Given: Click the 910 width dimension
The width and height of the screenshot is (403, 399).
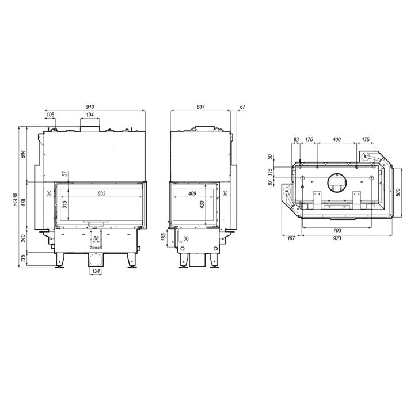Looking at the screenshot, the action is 90,107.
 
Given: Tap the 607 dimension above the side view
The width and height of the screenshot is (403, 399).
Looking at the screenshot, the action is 200,107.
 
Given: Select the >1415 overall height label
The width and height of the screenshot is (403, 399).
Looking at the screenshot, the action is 15,200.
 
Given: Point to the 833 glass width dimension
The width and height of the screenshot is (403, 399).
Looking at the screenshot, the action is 101,193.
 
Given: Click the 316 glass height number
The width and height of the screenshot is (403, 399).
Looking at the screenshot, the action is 64,204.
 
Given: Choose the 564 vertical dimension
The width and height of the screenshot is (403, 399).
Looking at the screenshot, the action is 24,154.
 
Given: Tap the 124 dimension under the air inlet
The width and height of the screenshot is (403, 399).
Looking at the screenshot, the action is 96,271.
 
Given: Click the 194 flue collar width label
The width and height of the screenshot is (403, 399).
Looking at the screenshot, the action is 90,115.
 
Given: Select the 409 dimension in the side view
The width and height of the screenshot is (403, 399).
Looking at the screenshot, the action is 192,193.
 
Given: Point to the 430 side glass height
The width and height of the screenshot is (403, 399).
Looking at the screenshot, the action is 202,204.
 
